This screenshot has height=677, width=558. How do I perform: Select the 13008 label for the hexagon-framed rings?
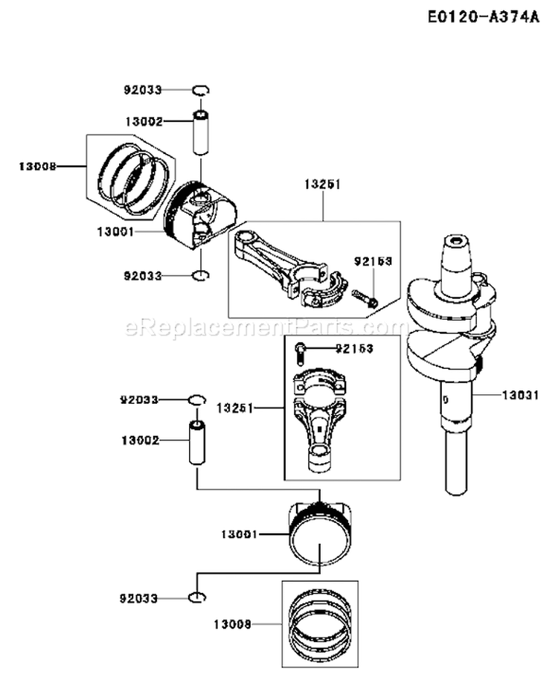tap(36, 167)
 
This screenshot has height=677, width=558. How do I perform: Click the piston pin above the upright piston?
tap(197, 444)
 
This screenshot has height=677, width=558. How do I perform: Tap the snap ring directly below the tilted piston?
tap(199, 276)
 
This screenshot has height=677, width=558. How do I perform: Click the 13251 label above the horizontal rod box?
tap(322, 185)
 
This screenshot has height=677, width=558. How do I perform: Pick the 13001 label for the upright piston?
tap(239, 533)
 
